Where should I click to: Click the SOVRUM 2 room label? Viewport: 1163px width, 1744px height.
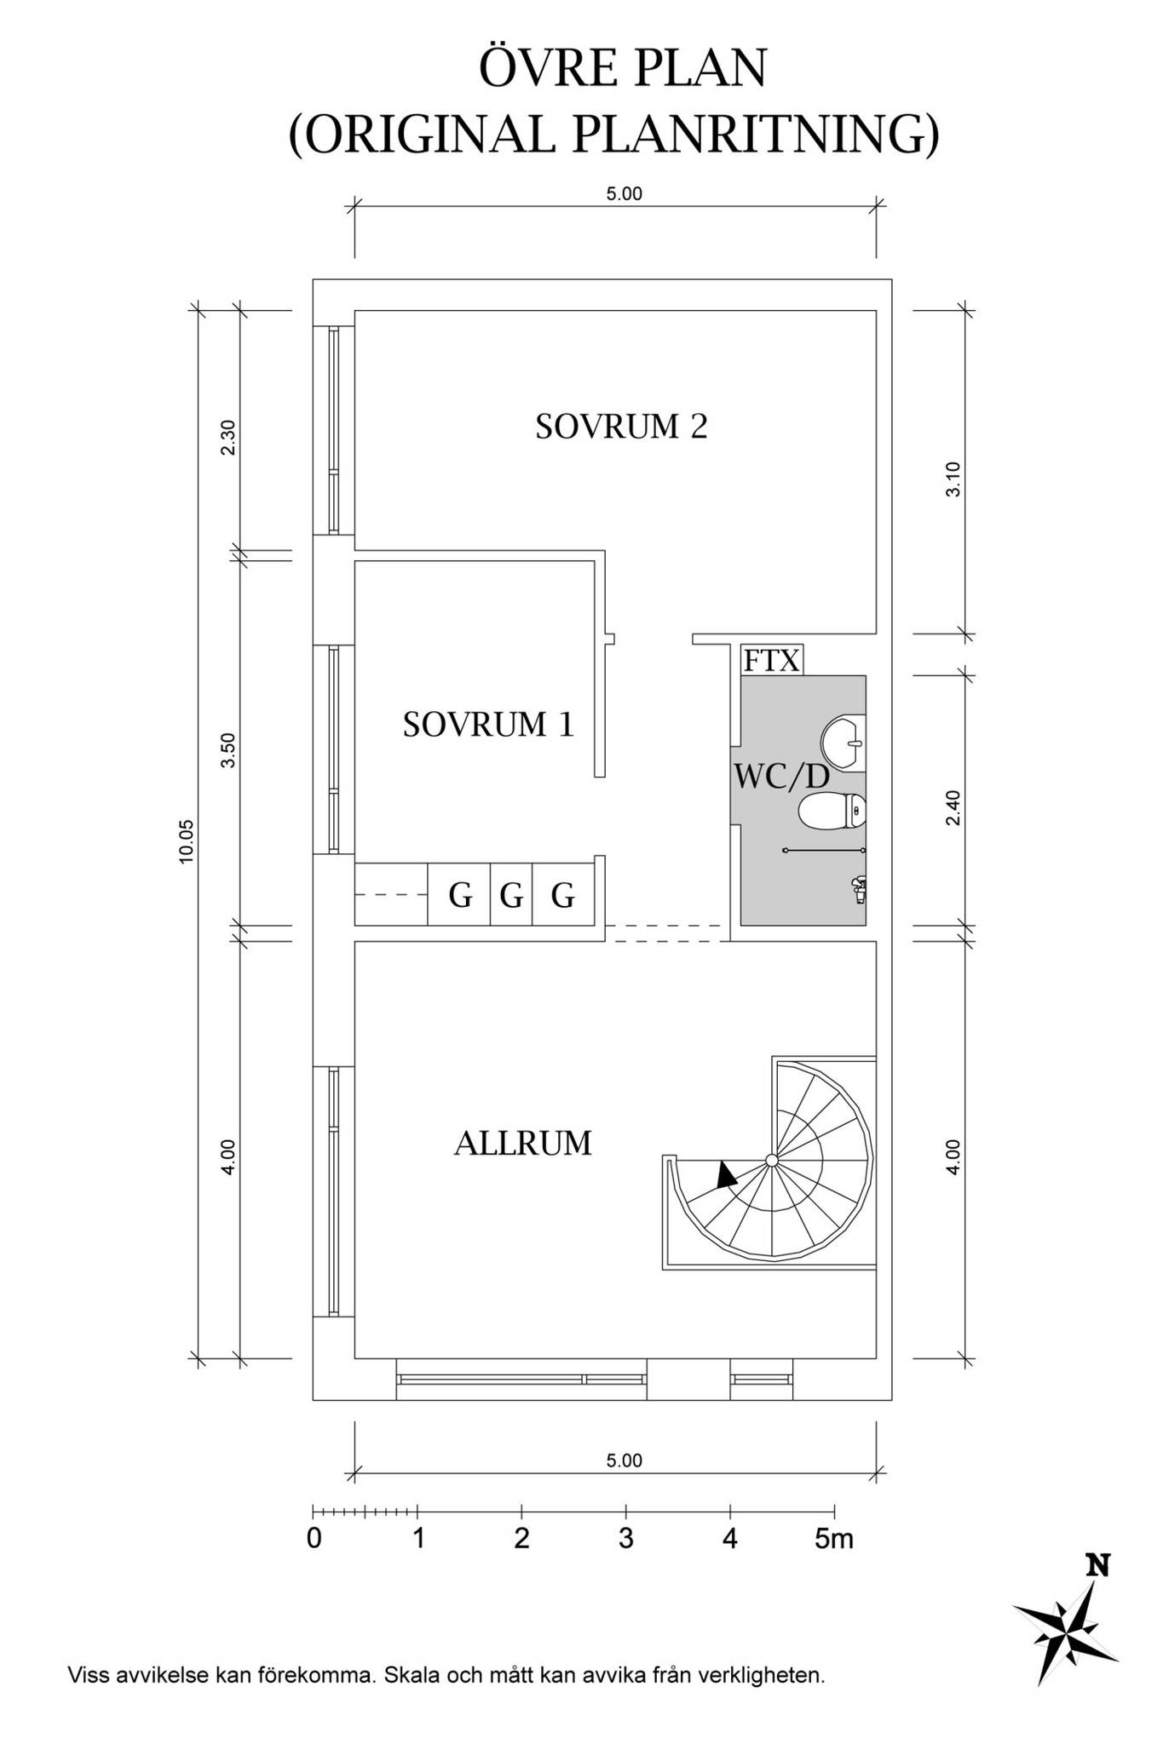click(621, 427)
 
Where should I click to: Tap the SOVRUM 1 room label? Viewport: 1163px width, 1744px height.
click(488, 725)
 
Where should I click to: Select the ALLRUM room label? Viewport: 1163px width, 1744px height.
click(522, 1143)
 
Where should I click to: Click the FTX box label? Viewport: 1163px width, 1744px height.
click(772, 661)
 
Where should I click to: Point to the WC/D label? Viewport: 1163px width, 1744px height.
click(781, 777)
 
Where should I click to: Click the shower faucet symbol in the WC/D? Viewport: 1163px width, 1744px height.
click(858, 888)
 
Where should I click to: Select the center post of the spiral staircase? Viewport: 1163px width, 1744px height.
click(771, 1160)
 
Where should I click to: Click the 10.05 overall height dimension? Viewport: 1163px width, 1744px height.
click(187, 841)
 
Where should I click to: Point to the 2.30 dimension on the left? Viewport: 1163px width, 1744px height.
click(227, 438)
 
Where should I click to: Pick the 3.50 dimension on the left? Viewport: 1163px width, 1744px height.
click(227, 750)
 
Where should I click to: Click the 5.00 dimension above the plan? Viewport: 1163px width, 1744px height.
click(624, 194)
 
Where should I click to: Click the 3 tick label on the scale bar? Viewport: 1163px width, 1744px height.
click(626, 1539)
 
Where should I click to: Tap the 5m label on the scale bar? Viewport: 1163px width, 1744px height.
click(834, 1539)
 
